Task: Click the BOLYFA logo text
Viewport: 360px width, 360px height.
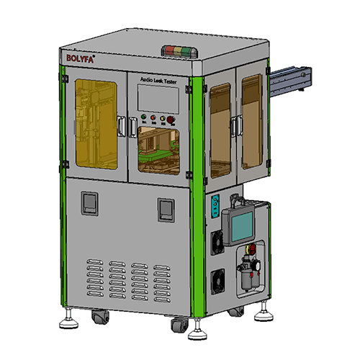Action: (x=81, y=55)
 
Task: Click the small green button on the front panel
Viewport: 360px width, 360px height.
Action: (x=145, y=118)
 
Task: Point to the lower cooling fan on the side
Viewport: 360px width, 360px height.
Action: (x=217, y=281)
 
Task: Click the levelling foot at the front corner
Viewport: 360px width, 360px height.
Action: (x=195, y=334)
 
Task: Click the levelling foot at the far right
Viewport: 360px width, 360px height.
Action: (x=264, y=312)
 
